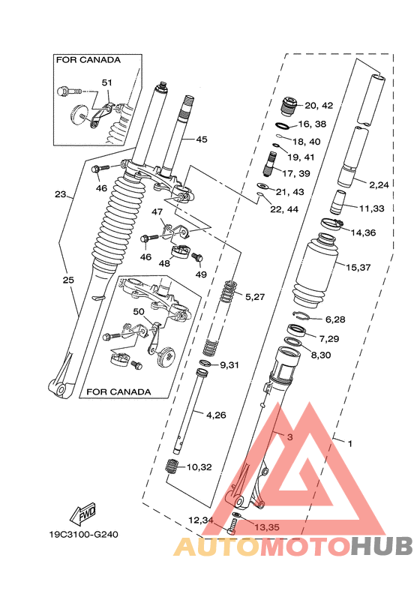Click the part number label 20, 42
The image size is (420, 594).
pyautogui.click(x=319, y=106)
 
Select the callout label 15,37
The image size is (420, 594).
pyautogui.click(x=358, y=266)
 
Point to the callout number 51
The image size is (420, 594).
pyautogui.click(x=106, y=82)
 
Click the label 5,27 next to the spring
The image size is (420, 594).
pyautogui.click(x=255, y=297)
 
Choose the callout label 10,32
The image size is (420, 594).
pyautogui.click(x=199, y=466)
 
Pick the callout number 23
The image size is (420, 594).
pyautogui.click(x=60, y=194)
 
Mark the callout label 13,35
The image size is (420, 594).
pyautogui.click(x=266, y=526)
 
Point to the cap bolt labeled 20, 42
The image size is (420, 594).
pyautogui.click(x=289, y=106)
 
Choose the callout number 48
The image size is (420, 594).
pyautogui.click(x=163, y=262)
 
